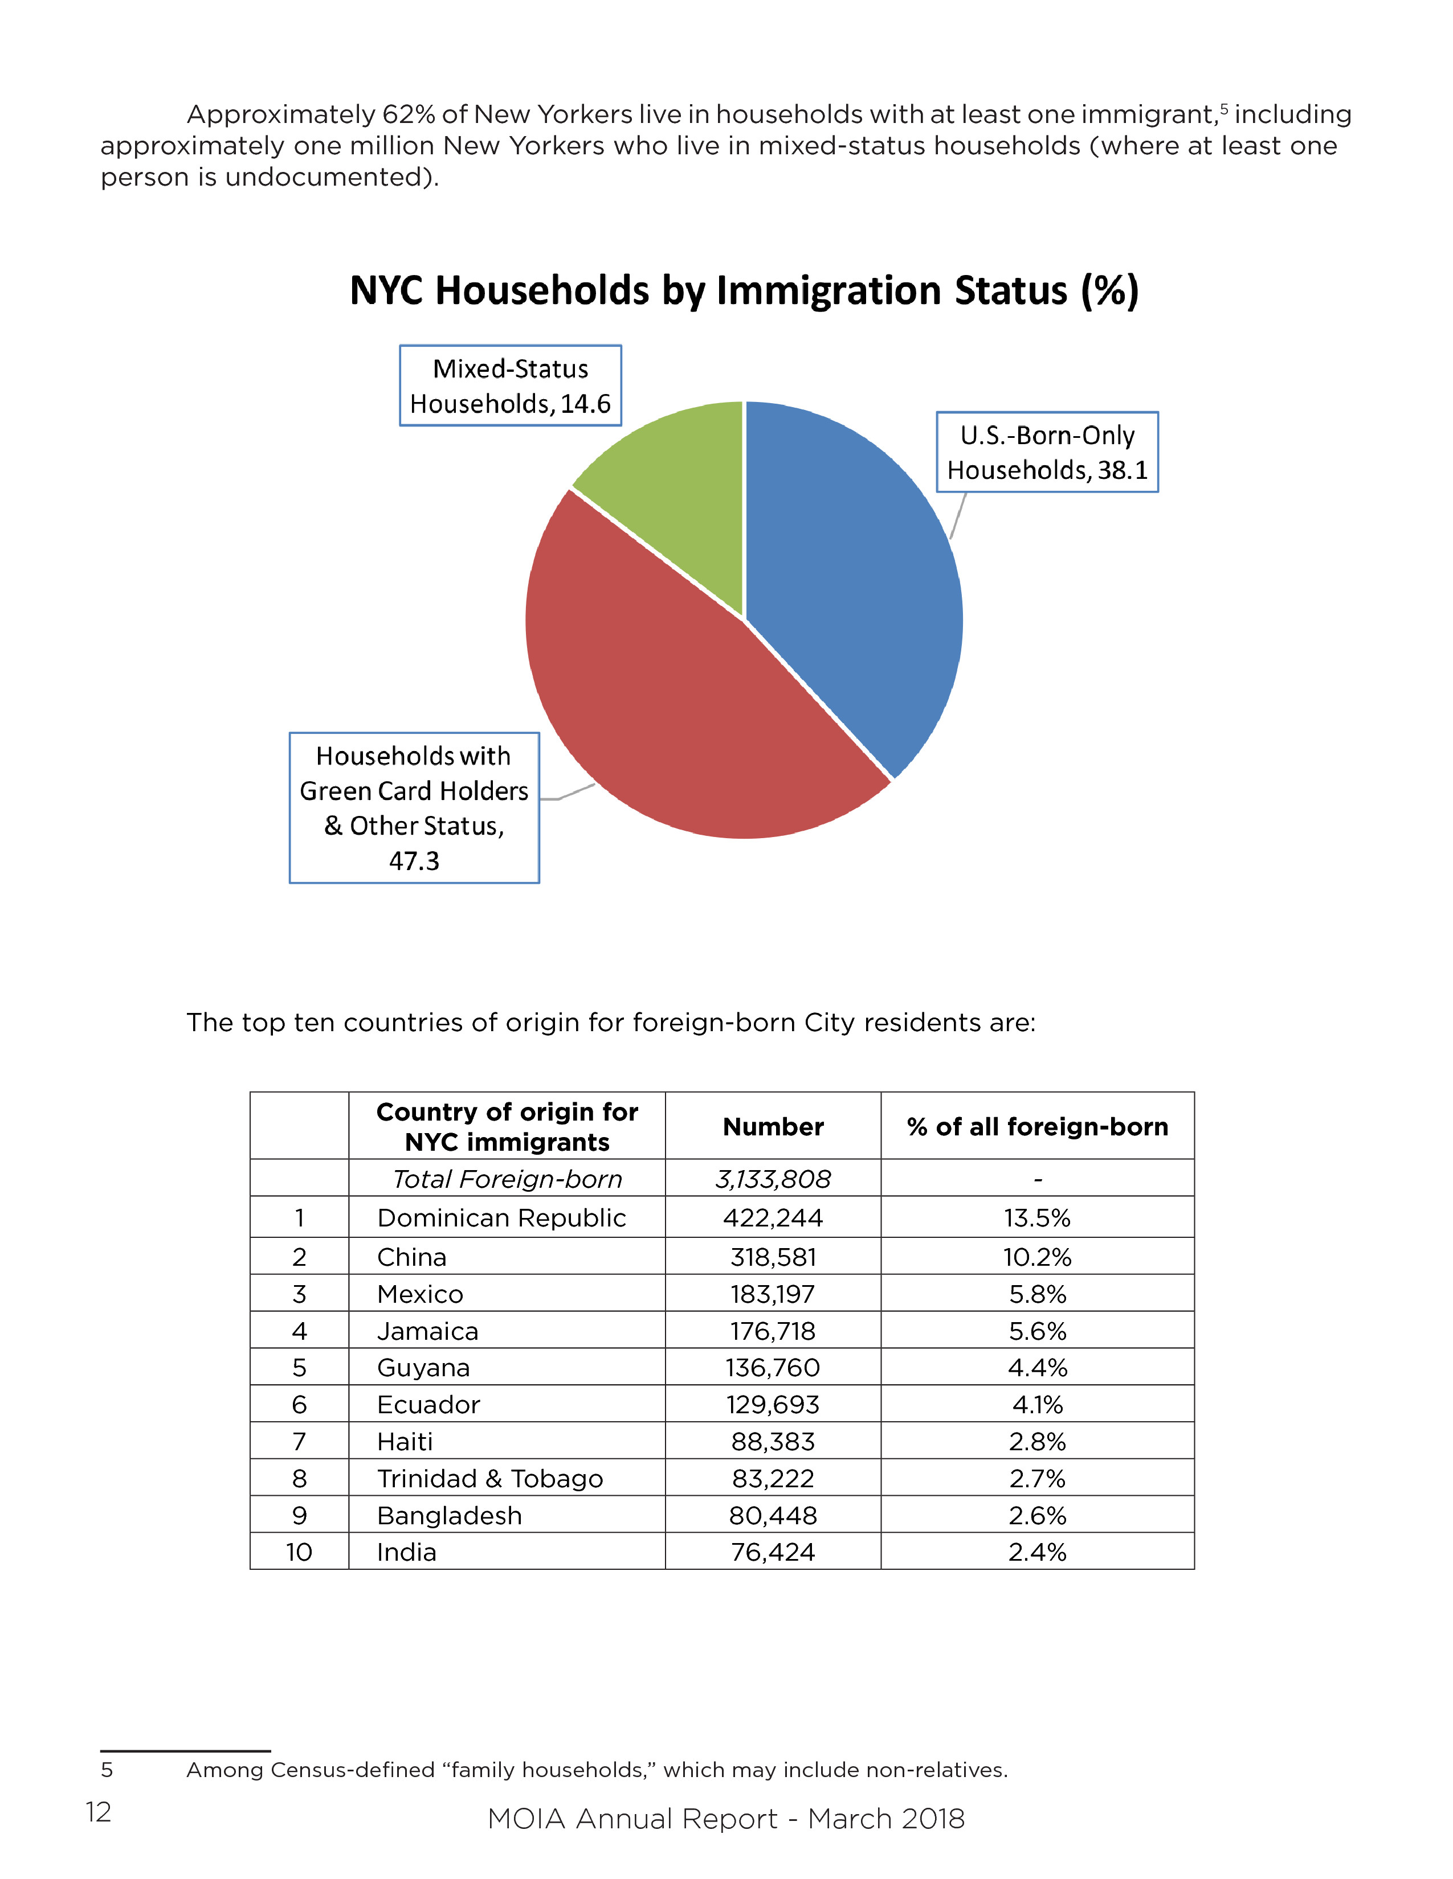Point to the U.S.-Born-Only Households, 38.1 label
click(x=1047, y=453)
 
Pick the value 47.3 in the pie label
click(x=414, y=860)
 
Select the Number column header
click(x=773, y=1126)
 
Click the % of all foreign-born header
click(x=1037, y=1126)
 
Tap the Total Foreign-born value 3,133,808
click(x=773, y=1179)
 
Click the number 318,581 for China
click(x=773, y=1257)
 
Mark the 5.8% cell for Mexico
click(x=1037, y=1294)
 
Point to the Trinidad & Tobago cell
click(x=490, y=1478)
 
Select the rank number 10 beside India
click(x=299, y=1552)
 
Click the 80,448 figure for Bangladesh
click(x=773, y=1515)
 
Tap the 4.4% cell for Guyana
click(x=1037, y=1367)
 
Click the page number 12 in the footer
click(x=99, y=1812)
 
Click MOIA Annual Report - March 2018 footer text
click(x=725, y=1819)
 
